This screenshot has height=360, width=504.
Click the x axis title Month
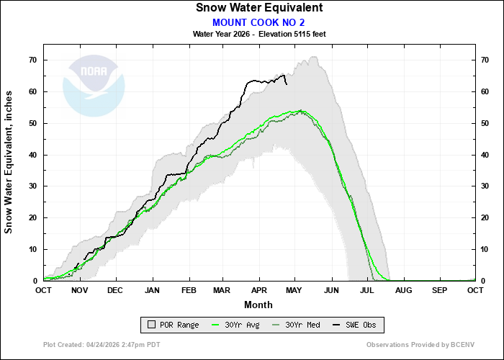pos(258,304)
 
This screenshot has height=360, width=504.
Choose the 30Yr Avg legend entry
pos(237,325)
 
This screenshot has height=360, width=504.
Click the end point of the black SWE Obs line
pos(287,84)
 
